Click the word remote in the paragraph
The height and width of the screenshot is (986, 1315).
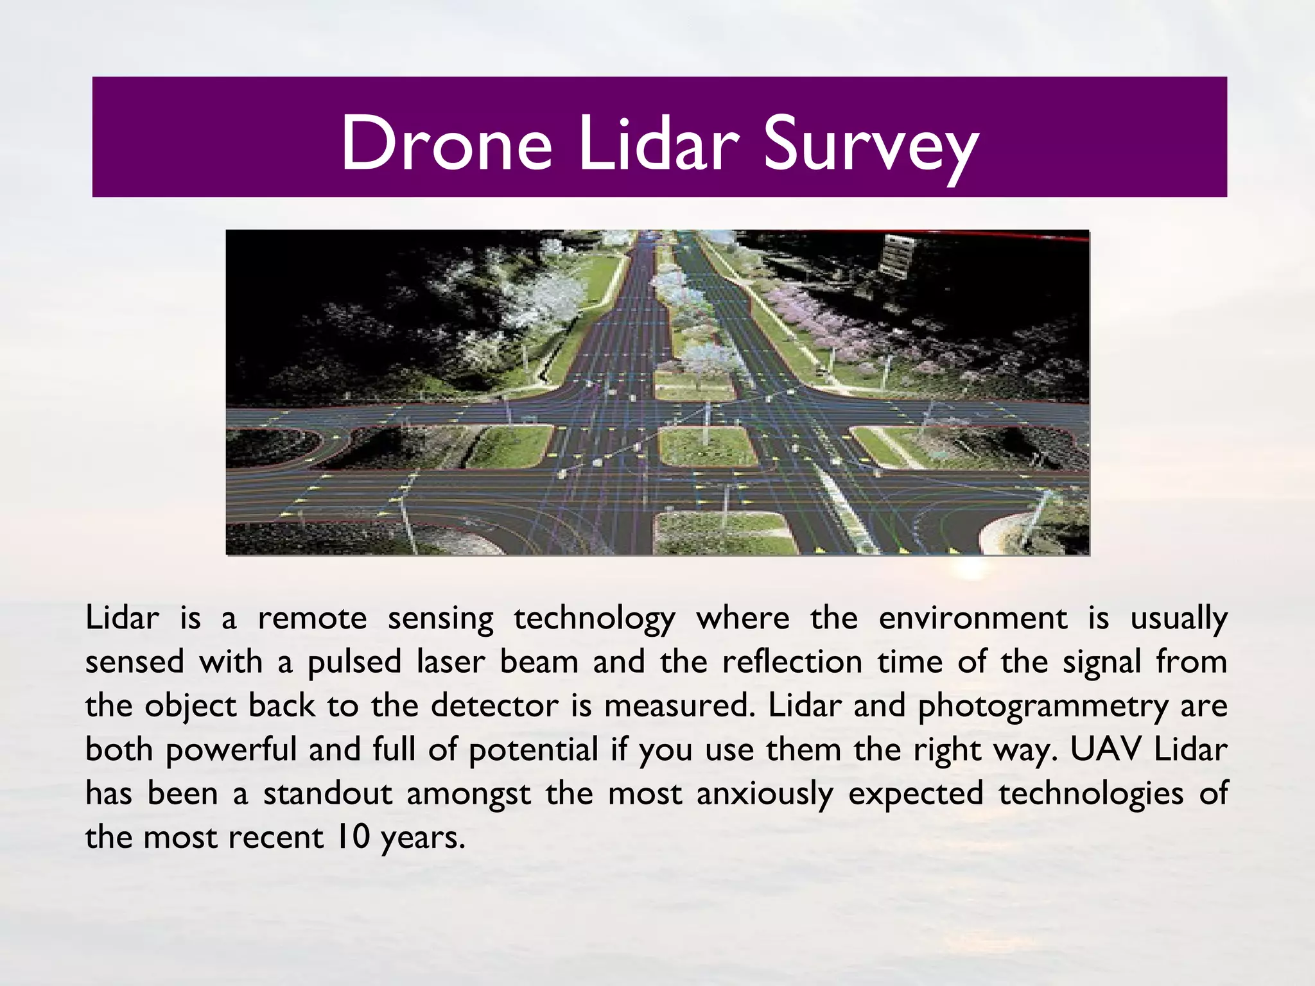[x=312, y=619]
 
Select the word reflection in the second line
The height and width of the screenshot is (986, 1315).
[x=792, y=662]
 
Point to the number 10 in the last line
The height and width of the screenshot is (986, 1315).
[x=353, y=837]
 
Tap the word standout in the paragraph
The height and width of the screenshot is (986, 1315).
[x=327, y=793]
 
